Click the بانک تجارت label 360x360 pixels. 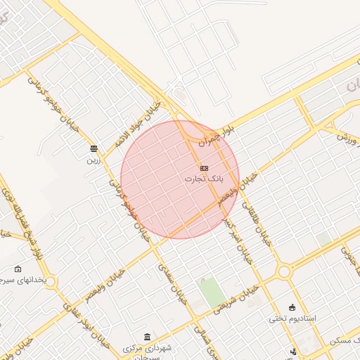point(204,179)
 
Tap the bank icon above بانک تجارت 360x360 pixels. point(204,168)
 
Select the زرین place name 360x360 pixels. point(94,160)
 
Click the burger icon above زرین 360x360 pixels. point(94,148)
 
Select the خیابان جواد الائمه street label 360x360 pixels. point(141,119)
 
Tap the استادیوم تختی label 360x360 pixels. point(292,319)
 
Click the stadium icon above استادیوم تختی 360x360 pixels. point(292,307)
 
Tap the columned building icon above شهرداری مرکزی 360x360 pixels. point(146,337)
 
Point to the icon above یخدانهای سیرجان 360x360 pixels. point(18,269)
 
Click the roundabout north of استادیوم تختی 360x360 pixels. point(284,271)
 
